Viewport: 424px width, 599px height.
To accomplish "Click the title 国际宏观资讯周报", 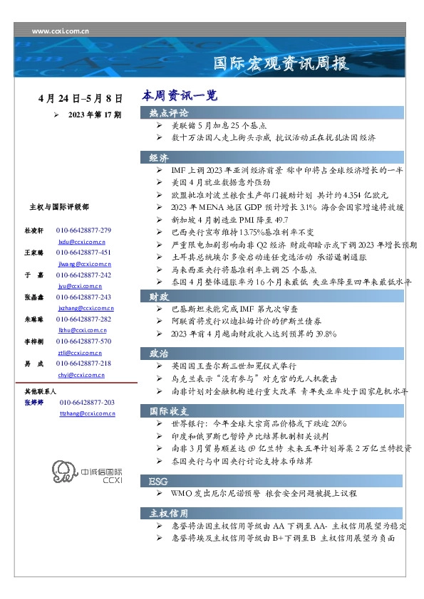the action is [x=281, y=64].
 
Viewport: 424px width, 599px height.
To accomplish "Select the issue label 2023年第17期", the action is [x=95, y=114].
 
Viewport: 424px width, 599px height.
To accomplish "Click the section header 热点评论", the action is [x=169, y=113].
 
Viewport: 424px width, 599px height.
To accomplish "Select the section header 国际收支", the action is [x=169, y=410].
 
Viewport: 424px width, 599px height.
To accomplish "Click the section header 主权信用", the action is [x=169, y=513].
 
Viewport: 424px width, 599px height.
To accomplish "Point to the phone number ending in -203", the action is [x=87, y=403].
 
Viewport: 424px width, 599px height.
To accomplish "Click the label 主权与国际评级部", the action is [x=59, y=207].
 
